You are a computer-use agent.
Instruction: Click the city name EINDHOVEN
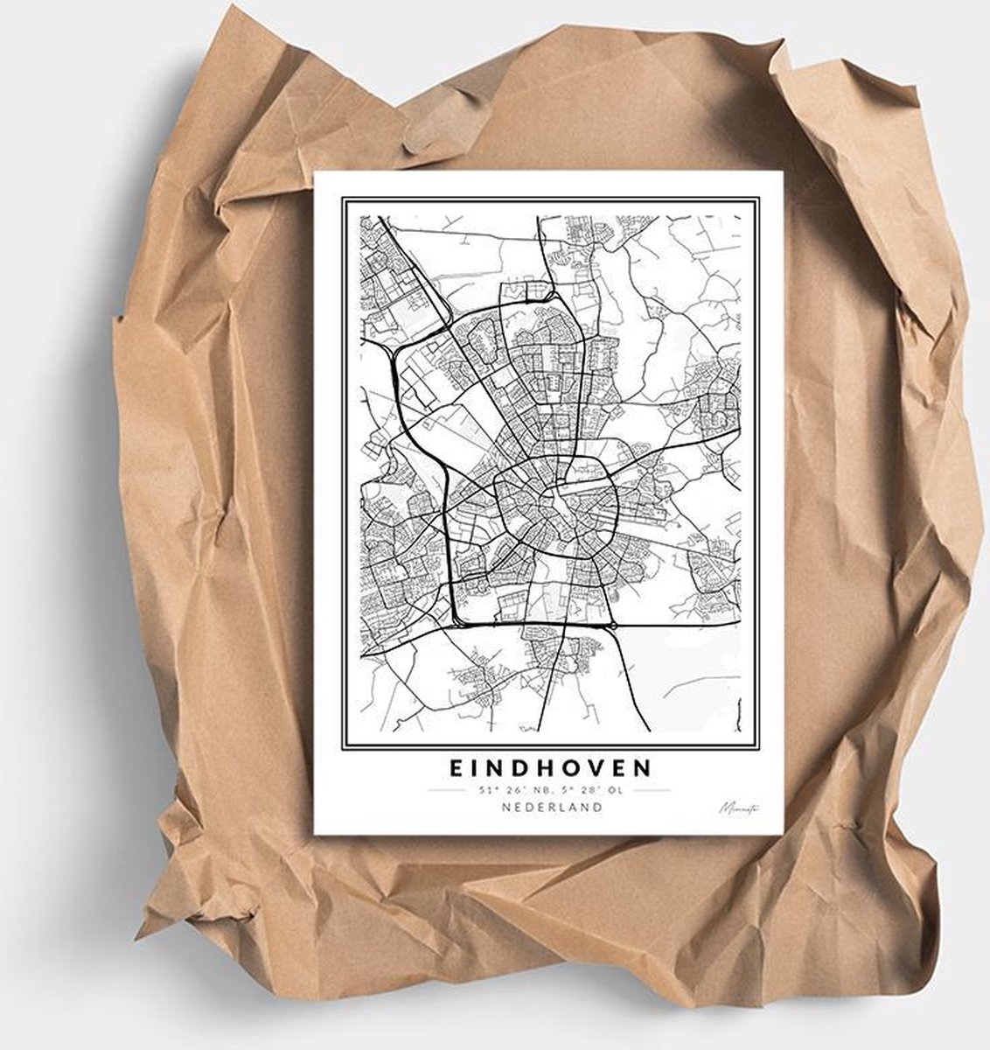click(551, 767)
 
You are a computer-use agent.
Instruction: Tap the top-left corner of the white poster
click(315, 171)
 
